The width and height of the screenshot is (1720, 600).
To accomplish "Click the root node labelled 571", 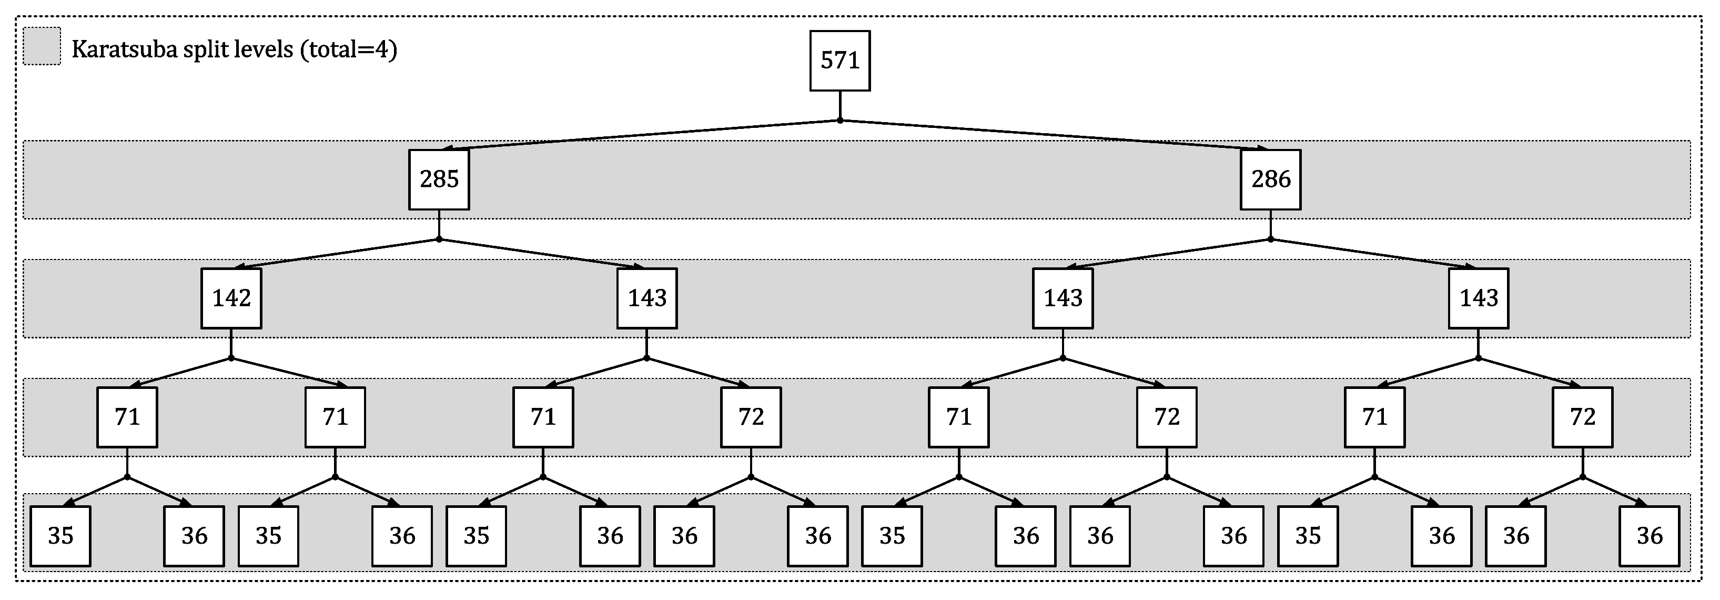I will [x=839, y=60].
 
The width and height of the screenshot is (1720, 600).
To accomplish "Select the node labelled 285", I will [x=439, y=179].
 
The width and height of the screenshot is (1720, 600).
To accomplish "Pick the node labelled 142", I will [x=231, y=298].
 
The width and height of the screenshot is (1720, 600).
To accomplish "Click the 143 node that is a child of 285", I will [x=646, y=298].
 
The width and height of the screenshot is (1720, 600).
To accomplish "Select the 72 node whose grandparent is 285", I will [x=751, y=417].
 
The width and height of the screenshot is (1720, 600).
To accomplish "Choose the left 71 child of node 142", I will [x=127, y=417].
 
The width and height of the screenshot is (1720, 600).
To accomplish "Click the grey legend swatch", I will [x=42, y=46].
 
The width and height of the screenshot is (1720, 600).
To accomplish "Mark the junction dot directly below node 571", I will [x=839, y=121].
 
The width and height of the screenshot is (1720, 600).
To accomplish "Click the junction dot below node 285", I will [x=439, y=239].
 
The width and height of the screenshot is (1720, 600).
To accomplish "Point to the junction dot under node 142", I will [x=231, y=358].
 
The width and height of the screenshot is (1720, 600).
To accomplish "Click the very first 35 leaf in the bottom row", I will [x=60, y=536].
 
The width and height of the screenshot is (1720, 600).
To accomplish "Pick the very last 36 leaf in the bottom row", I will [x=1648, y=536].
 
